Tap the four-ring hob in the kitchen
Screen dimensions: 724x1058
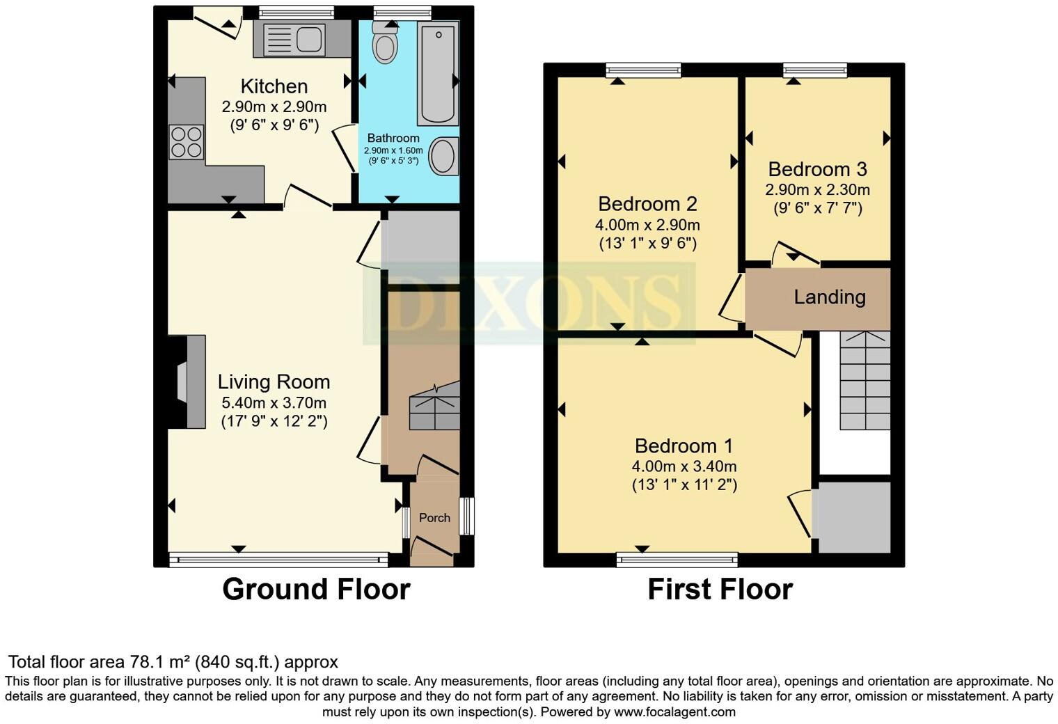tap(186, 141)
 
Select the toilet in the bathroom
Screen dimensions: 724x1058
tap(384, 44)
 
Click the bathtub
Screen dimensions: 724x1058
tap(438, 73)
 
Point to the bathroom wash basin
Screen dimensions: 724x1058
tap(443, 155)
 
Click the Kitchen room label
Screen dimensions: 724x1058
tap(274, 86)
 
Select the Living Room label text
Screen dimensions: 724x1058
tap(274, 381)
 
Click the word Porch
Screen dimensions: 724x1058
tap(434, 518)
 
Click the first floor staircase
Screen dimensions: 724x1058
tap(864, 380)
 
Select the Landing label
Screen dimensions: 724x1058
tap(830, 297)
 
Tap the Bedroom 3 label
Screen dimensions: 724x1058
tap(817, 169)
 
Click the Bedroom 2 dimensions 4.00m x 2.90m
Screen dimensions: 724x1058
tap(647, 225)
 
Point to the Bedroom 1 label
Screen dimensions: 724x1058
tap(684, 446)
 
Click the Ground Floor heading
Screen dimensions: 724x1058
tap(316, 589)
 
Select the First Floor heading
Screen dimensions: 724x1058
tap(720, 589)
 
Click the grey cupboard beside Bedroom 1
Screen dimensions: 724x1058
tap(854, 517)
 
